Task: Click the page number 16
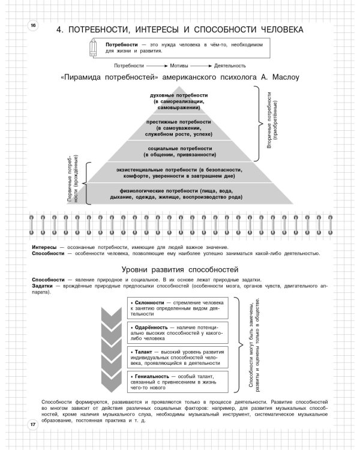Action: click(x=33, y=25)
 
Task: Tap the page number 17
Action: click(x=33, y=425)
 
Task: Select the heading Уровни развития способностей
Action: click(x=179, y=269)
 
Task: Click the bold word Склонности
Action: click(x=149, y=302)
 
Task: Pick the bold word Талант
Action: click(x=144, y=352)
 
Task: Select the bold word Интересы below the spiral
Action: click(x=44, y=247)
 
